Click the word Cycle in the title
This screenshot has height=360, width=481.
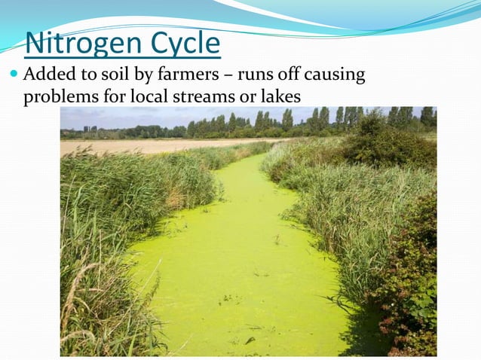tap(182, 44)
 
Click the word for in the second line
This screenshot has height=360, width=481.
tap(114, 97)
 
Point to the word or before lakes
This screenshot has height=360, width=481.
tap(250, 98)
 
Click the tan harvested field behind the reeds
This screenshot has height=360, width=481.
tap(151, 145)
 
